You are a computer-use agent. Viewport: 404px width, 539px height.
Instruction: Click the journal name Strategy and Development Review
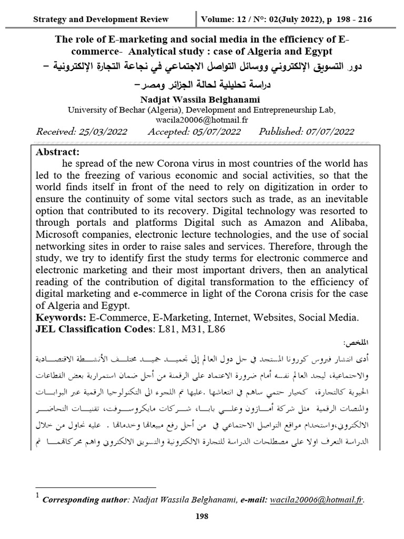pos(100,19)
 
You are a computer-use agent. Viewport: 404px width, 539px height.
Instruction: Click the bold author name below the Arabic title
pos(201,99)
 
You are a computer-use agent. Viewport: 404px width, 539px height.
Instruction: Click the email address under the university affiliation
pos(201,120)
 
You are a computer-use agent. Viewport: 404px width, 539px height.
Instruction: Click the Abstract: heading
pos(57,152)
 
